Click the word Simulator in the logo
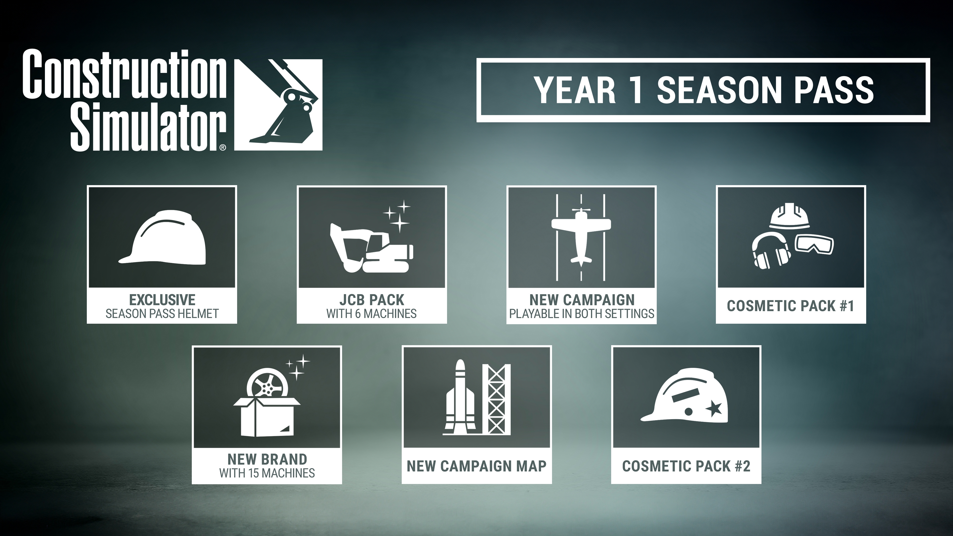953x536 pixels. (x=148, y=128)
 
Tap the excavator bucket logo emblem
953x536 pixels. (x=278, y=105)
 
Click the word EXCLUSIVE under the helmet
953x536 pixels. (x=162, y=300)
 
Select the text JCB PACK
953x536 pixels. (x=372, y=300)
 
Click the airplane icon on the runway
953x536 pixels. (x=581, y=237)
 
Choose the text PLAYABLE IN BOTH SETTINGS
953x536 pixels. (x=581, y=314)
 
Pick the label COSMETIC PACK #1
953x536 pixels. (x=791, y=306)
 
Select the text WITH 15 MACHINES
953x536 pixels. (x=267, y=473)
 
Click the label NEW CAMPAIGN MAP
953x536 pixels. (x=476, y=466)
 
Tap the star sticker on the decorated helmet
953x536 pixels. (x=714, y=409)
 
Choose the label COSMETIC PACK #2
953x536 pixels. (x=686, y=466)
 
